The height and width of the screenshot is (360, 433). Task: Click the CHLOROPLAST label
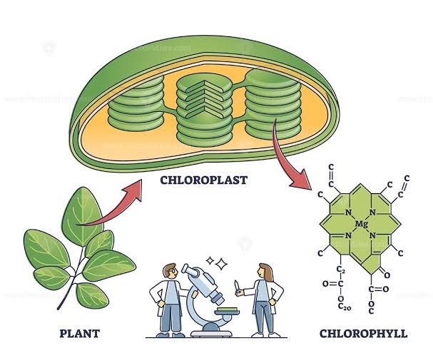pyautogui.click(x=204, y=179)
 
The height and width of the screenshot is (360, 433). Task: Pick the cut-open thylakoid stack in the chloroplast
pyautogui.click(x=204, y=107)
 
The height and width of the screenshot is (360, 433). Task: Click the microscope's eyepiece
pyautogui.click(x=187, y=269)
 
